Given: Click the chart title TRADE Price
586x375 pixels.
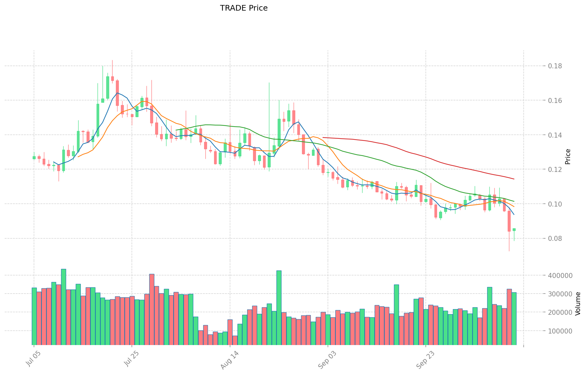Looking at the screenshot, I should click(244, 8).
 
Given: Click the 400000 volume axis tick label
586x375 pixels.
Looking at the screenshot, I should click(560, 275).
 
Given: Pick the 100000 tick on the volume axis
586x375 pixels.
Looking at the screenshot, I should click(560, 331).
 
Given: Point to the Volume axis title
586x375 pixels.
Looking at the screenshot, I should click(578, 304).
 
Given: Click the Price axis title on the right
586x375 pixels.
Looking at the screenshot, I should click(568, 157).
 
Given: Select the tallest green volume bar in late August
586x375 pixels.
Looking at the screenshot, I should click(279, 308).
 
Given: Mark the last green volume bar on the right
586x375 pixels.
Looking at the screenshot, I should click(514, 319).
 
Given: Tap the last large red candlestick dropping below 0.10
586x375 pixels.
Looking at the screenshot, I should click(509, 221).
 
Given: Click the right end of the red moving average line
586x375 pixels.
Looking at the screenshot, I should click(514, 179).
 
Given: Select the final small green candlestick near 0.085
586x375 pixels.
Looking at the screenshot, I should click(514, 230).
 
